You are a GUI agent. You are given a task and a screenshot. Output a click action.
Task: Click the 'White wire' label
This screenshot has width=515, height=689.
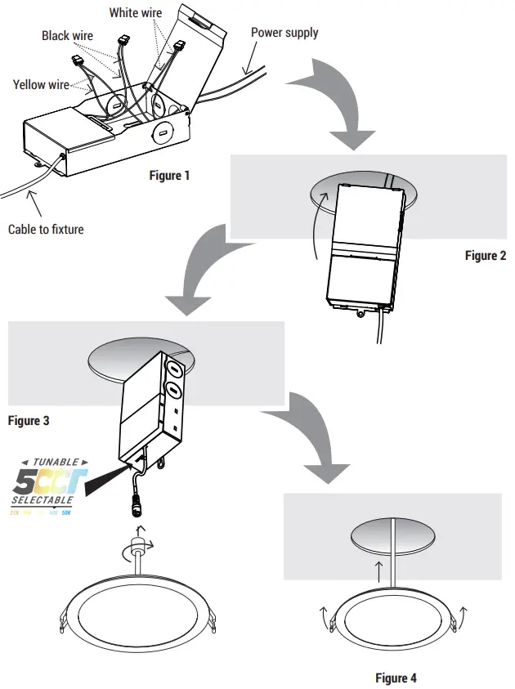click(135, 12)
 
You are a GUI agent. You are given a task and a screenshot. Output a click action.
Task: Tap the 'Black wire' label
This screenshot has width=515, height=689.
click(67, 35)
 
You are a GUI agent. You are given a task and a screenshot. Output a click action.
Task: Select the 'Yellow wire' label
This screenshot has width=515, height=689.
click(41, 84)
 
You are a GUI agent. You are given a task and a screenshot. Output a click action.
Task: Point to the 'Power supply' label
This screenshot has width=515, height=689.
click(284, 33)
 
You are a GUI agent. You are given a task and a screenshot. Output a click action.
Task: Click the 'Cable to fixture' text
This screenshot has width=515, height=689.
click(46, 229)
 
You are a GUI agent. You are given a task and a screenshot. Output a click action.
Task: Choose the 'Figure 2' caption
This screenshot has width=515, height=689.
click(486, 255)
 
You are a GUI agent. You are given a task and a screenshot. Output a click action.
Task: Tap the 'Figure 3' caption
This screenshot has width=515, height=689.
click(29, 420)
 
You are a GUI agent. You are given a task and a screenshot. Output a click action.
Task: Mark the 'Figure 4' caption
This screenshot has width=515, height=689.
click(396, 678)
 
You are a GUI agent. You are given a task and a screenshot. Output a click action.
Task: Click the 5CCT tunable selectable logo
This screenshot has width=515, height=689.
click(43, 488)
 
